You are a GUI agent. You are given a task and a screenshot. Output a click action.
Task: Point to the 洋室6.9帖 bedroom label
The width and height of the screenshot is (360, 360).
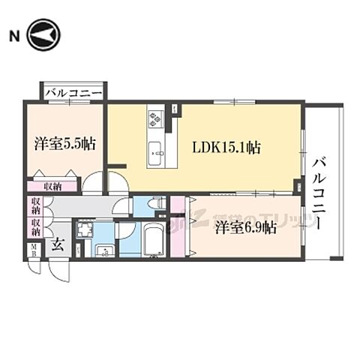point(244,226)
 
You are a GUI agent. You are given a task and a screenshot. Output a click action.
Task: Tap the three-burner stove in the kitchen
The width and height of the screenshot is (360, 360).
point(156,118)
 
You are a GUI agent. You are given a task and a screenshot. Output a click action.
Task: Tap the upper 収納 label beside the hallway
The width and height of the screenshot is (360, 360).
point(36,205)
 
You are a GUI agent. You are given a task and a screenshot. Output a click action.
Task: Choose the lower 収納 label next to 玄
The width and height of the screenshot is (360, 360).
point(36,226)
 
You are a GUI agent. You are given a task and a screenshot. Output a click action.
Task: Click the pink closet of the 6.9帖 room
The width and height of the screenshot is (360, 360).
point(178,225)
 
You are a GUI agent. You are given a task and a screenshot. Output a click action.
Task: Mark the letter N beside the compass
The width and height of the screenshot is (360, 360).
point(13,35)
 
